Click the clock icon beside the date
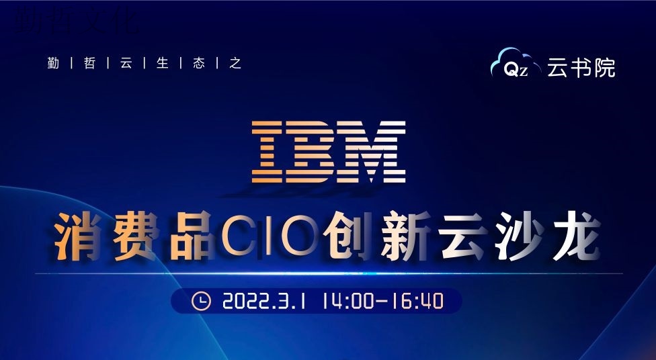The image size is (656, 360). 201,301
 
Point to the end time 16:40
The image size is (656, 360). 417,301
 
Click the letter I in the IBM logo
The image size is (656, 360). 268,152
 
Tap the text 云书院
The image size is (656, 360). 581,68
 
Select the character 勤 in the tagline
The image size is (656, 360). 53,63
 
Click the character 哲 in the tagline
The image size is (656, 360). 89,63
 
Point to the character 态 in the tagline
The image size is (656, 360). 199,63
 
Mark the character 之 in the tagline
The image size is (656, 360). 235,63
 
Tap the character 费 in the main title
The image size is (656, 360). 134,236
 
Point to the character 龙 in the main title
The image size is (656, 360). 577,236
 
